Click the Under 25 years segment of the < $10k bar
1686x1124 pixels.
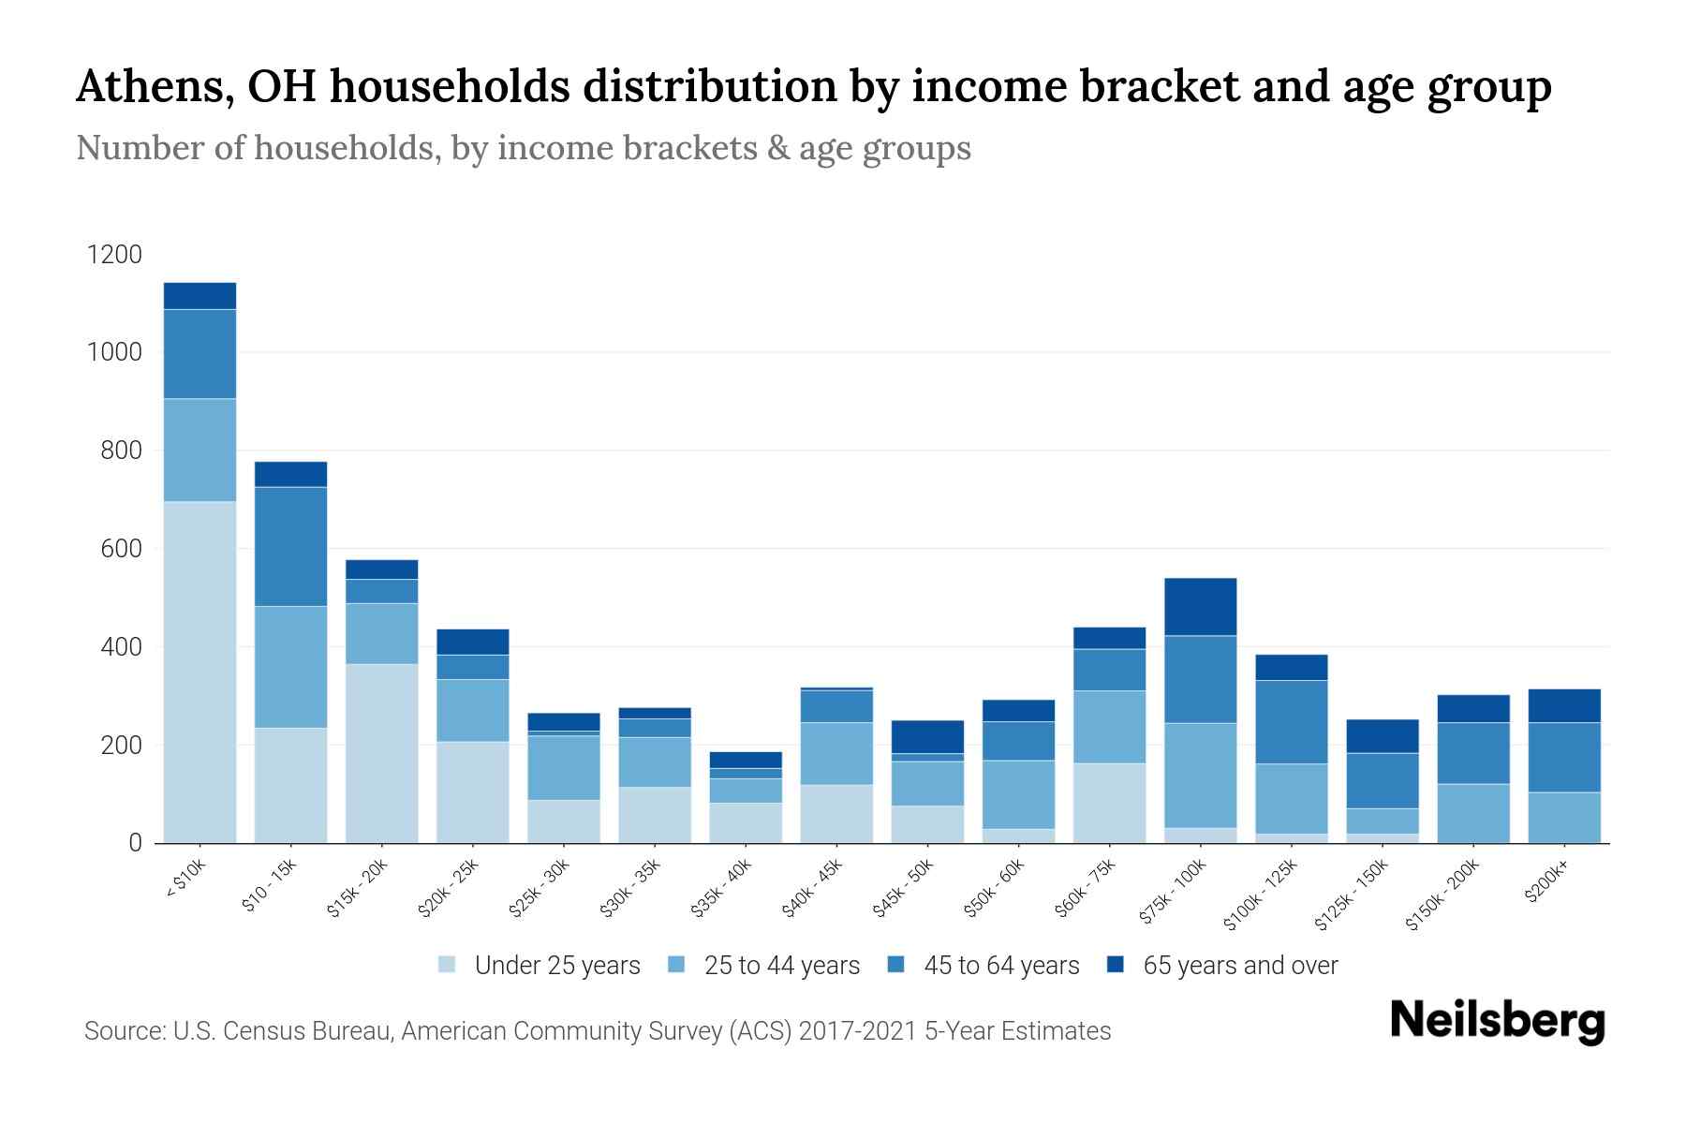[x=200, y=672]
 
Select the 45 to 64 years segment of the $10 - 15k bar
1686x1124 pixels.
[x=290, y=546]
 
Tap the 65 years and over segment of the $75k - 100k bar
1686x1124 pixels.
[x=1200, y=607]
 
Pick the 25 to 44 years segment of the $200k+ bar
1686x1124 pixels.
[x=1563, y=818]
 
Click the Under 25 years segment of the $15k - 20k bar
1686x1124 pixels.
[x=381, y=753]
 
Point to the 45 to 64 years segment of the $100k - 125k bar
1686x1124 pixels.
[x=1291, y=722]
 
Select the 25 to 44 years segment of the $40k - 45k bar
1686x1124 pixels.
[x=836, y=753]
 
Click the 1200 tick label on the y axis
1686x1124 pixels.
[x=113, y=255]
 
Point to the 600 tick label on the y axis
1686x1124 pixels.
[x=120, y=549]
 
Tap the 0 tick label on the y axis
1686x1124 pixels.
[x=135, y=843]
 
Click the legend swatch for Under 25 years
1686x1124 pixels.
[x=447, y=965]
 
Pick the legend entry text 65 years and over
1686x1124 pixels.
[x=1240, y=965]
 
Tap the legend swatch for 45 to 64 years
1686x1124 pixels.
[x=896, y=965]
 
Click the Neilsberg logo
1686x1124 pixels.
[x=1497, y=1021]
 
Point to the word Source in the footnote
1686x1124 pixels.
[x=123, y=1031]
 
